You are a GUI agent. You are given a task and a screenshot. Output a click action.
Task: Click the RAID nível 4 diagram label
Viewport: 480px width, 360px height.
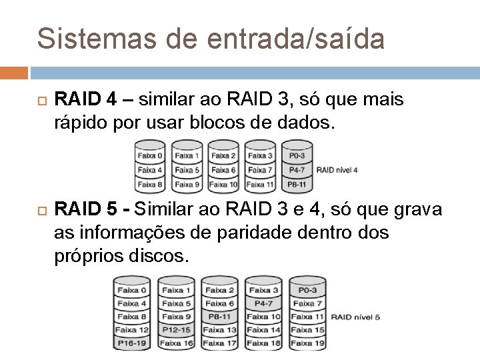click(x=337, y=170)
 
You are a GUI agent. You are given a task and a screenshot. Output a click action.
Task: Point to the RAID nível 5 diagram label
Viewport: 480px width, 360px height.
click(x=355, y=317)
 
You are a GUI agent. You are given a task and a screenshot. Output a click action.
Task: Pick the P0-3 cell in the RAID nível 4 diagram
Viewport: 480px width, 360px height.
click(x=297, y=156)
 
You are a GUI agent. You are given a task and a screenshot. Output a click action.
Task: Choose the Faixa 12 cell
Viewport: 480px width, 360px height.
click(x=132, y=329)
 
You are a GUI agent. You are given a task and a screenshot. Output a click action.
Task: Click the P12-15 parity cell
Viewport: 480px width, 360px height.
click(x=176, y=329)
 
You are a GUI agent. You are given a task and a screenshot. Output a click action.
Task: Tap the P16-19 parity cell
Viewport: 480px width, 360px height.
click(x=132, y=343)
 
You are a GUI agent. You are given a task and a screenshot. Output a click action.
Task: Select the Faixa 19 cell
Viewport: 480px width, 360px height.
click(x=308, y=343)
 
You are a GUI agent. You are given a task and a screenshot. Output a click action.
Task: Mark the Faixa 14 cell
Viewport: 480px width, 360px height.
click(x=264, y=329)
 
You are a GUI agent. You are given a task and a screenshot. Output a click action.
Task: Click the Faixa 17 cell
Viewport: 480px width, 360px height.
click(x=220, y=343)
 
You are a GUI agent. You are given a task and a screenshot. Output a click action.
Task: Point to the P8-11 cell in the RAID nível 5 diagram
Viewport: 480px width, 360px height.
click(x=220, y=316)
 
